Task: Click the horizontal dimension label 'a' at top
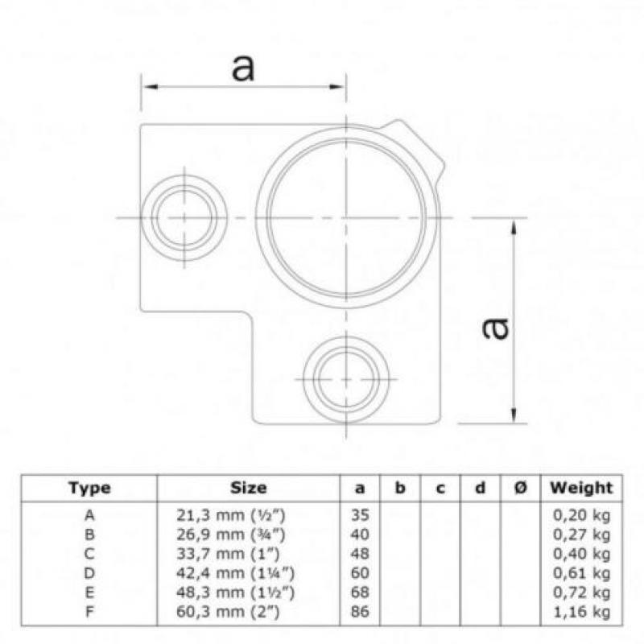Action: click(243, 68)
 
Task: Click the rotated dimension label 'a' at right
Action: click(495, 329)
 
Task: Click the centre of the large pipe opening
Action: click(346, 217)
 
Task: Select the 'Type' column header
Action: click(89, 488)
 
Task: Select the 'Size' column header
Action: click(249, 488)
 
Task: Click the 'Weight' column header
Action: click(581, 488)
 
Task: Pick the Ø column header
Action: click(520, 488)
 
